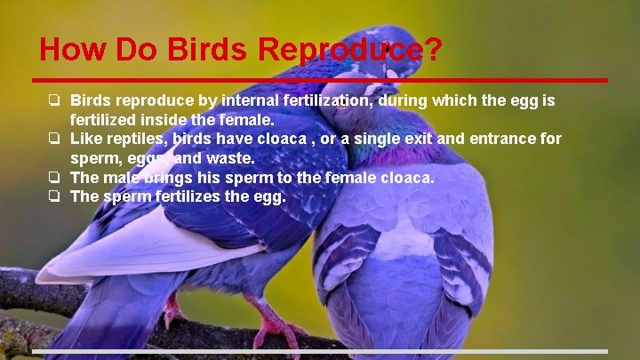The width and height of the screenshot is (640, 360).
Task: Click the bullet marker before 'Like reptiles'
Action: click(x=54, y=139)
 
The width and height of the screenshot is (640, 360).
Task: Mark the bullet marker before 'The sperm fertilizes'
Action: click(x=54, y=196)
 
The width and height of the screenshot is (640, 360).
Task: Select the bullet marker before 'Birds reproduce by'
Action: click(x=54, y=100)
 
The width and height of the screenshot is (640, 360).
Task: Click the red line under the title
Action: click(x=320, y=81)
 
